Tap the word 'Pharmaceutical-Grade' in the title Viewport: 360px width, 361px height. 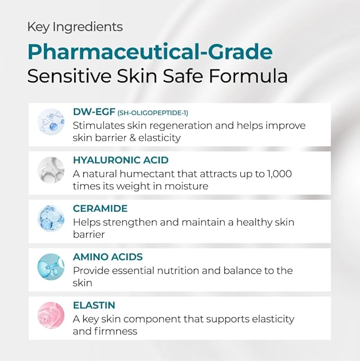[x=150, y=52]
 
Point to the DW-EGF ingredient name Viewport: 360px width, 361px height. [x=91, y=112]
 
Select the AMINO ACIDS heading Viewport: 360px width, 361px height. [x=108, y=257]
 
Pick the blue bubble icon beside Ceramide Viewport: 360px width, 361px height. [x=51, y=218]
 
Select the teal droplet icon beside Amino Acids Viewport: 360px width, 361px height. [x=51, y=267]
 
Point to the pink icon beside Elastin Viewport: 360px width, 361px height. [x=51, y=315]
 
